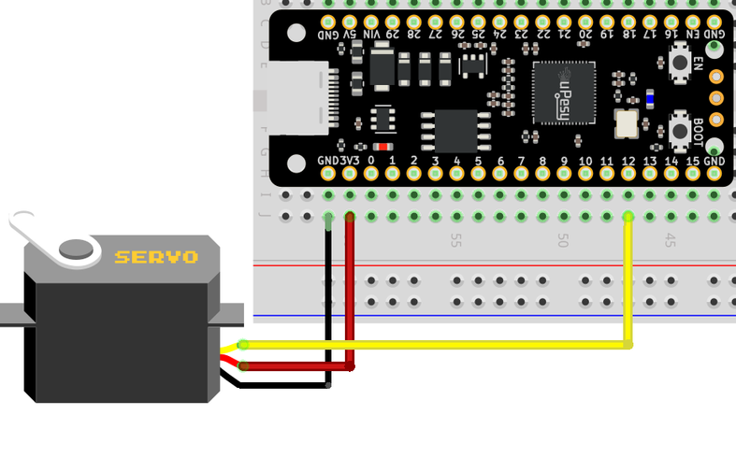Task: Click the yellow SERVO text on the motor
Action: pos(156,256)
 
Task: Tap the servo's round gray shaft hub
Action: pos(78,249)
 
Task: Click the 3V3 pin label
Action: pos(350,162)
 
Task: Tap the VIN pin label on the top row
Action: pos(371,35)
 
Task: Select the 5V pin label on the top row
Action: pos(350,35)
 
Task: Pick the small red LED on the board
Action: pos(382,147)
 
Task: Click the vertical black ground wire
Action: pos(328,299)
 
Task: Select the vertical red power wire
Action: pos(351,290)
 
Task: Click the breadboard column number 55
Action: pos(456,240)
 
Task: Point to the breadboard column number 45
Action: pos(671,240)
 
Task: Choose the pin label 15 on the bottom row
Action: pos(692,162)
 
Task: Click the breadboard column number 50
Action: pos(563,240)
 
